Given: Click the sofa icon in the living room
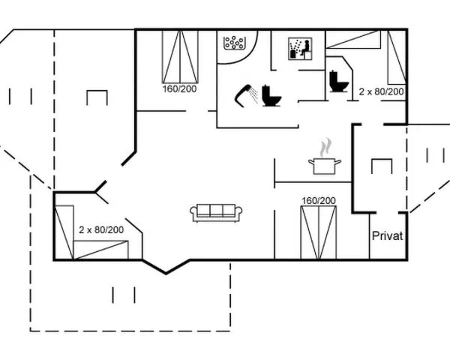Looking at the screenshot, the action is tap(216, 213).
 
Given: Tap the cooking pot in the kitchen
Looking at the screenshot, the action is tap(325, 166).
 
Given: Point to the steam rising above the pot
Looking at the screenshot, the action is tap(325, 147).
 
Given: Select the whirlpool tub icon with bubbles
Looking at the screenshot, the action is tap(234, 43).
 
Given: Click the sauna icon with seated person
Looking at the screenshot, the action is tap(300, 49).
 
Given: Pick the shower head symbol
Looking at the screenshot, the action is tap(246, 95).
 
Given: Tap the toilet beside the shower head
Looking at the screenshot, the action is tap(271, 95).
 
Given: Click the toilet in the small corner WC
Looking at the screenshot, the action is tap(339, 81).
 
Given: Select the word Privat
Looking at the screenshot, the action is tap(388, 236).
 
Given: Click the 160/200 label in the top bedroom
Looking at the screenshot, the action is tap(180, 88).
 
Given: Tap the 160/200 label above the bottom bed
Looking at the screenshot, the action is tap(319, 201).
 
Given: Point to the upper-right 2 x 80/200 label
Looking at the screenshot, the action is tap(382, 91).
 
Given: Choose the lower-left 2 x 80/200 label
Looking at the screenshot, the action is tap(101, 229).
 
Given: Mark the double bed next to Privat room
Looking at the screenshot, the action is tap(319, 232).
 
